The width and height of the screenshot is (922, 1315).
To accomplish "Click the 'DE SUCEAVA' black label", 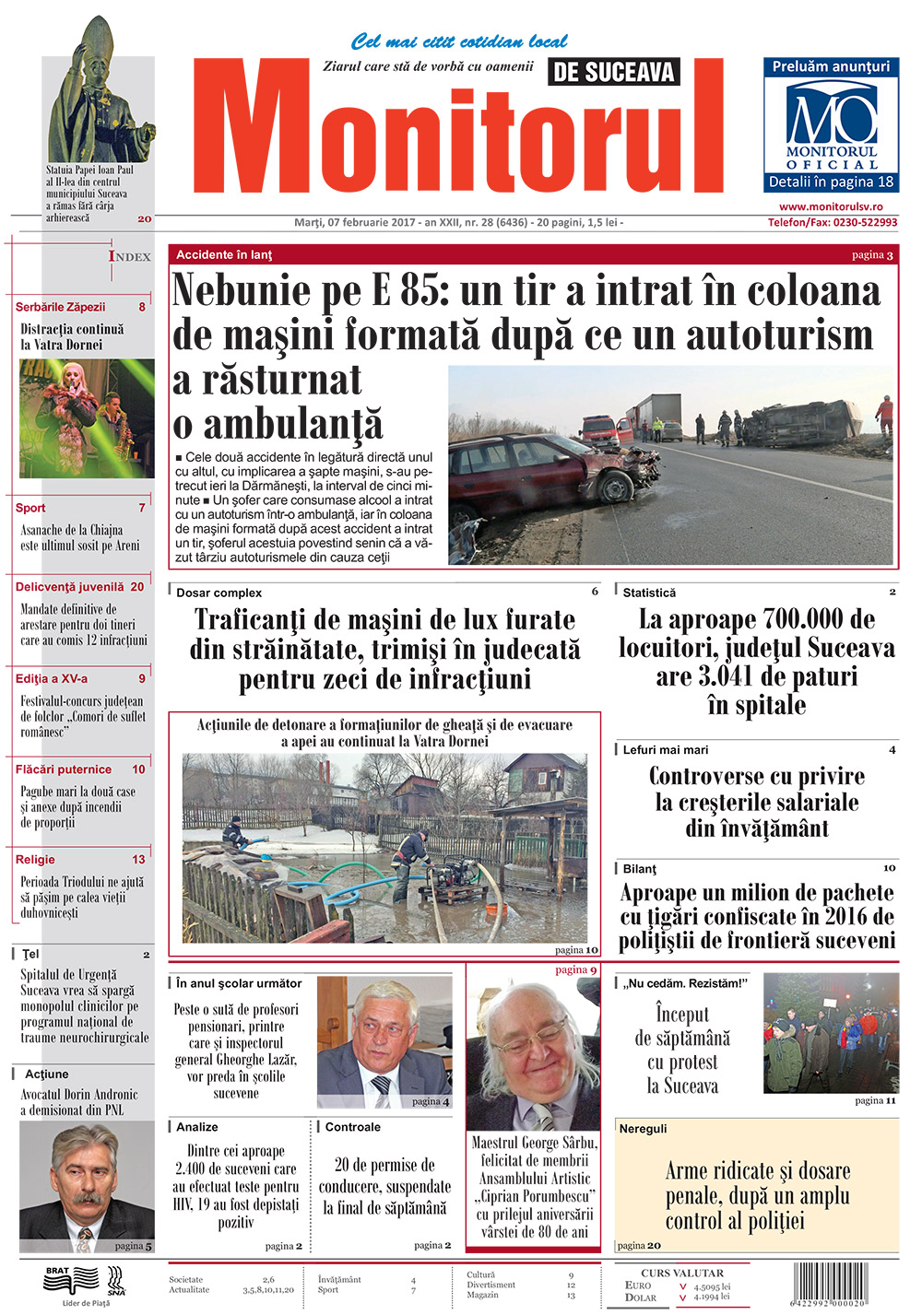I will click(x=614, y=72).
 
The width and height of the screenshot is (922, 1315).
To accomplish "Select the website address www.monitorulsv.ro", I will click(x=831, y=207).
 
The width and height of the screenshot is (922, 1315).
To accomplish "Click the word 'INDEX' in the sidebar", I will click(x=130, y=256).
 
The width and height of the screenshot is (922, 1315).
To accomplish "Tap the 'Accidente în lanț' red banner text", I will click(x=224, y=254).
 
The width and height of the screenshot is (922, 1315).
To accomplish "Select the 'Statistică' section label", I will click(x=649, y=593).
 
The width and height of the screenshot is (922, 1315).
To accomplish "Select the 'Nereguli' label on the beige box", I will click(x=643, y=1129).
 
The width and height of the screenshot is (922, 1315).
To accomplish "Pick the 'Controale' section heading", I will click(x=352, y=1127).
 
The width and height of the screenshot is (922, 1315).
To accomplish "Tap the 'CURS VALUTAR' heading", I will click(x=682, y=1273).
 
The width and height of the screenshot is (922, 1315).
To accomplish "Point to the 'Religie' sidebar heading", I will click(x=35, y=859).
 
